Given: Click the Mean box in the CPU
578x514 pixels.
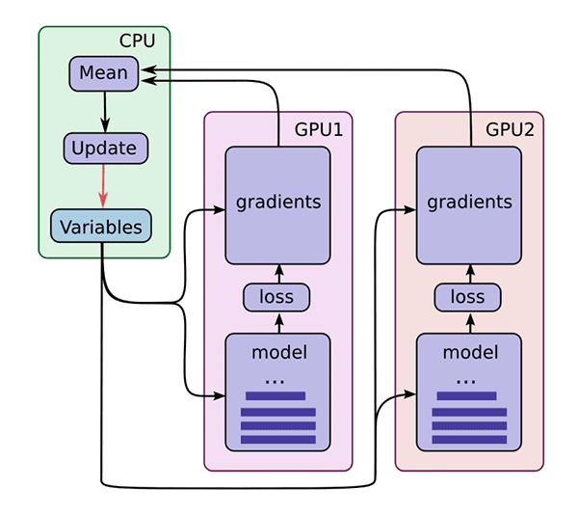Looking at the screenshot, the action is coord(104,74).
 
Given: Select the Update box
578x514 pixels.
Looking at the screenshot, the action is coord(106,149).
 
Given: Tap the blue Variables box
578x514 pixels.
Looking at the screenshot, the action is coord(101,226).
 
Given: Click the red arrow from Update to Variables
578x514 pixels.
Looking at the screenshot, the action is coord(103,186).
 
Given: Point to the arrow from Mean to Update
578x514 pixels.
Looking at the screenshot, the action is coord(105,112).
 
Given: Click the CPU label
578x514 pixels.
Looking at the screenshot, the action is coord(137,41).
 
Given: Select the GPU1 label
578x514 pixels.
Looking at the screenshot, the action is coord(319,129).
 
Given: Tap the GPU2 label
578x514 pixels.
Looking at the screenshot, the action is coord(510,129).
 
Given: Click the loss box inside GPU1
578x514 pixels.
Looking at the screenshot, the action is coord(276,297).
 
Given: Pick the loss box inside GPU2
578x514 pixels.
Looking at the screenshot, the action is coord(467,297).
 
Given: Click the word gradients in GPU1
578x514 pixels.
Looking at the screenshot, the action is coord(278,203).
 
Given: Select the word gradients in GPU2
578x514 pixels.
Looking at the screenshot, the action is coord(470,203).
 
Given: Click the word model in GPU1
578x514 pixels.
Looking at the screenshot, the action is coord(279,352).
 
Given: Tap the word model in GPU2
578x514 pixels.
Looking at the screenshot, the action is coord(470,352).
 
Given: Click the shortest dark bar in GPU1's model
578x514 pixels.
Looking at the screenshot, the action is coord(276,396).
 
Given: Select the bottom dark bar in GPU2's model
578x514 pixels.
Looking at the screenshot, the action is coord(469,440).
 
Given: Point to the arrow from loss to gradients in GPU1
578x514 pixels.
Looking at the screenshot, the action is coord(279,274).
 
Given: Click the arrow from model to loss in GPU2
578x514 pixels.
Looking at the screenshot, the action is coord(470,323).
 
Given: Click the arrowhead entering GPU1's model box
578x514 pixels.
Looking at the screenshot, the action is coord(220,396).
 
